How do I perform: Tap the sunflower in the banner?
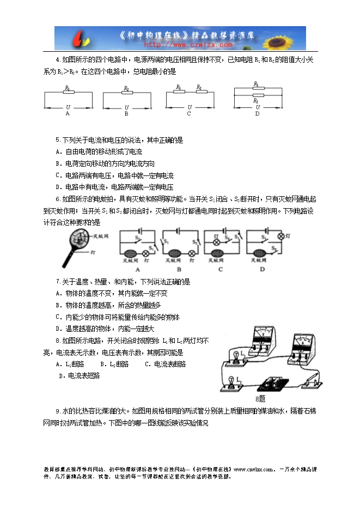pyautogui.click(x=287, y=38)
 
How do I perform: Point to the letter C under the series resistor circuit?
pyautogui.click(x=189, y=114)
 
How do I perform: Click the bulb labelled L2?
pyautogui.click(x=231, y=382)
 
